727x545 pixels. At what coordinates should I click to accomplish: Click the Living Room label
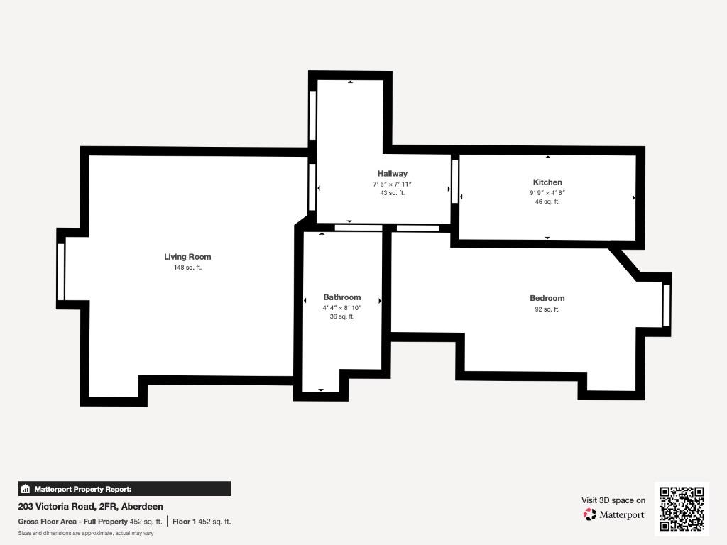(x=187, y=257)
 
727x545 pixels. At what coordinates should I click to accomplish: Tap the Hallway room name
(x=392, y=174)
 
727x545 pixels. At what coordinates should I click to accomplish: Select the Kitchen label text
(x=547, y=182)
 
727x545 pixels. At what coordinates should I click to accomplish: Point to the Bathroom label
(x=341, y=297)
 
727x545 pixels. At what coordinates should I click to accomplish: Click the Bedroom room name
(x=547, y=299)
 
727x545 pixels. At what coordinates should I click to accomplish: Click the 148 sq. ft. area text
(x=187, y=268)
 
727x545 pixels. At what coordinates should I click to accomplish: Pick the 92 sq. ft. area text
(x=547, y=309)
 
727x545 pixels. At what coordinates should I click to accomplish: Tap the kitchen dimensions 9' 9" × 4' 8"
(x=547, y=193)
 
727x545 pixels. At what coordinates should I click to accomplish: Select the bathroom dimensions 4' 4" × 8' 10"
(x=342, y=308)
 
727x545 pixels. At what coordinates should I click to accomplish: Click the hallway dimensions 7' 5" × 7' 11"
(x=392, y=184)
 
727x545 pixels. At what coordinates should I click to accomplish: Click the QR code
(x=682, y=509)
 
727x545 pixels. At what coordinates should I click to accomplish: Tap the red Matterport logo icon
(x=589, y=514)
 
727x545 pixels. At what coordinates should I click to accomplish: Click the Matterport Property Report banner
(x=124, y=489)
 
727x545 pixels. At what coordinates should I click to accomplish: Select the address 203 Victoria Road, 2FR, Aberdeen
(x=90, y=507)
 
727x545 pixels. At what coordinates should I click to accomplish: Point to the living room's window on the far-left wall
(x=61, y=272)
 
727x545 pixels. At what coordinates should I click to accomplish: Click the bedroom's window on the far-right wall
(x=666, y=305)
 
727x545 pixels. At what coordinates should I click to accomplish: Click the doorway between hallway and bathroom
(x=359, y=228)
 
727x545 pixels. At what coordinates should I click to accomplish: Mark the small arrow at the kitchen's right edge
(x=634, y=198)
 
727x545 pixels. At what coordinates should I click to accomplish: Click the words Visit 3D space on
(x=613, y=500)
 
